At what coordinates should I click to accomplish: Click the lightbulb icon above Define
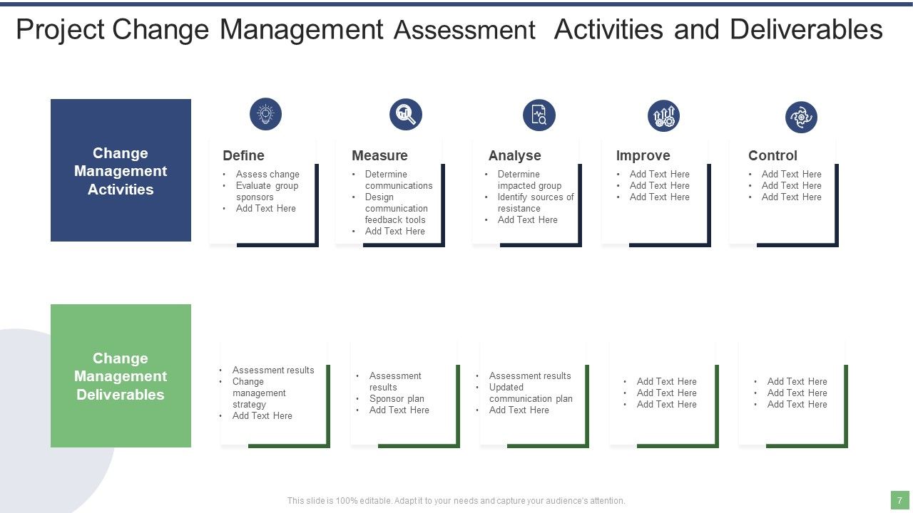point(265,114)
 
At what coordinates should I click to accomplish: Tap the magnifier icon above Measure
point(406,114)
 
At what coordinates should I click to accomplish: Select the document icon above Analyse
point(539,115)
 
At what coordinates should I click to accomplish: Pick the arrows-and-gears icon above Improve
point(663,115)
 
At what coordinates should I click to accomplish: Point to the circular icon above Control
point(801,117)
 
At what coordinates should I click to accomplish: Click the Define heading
point(243,155)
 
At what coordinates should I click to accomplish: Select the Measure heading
point(379,155)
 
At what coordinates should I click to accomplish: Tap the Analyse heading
point(514,155)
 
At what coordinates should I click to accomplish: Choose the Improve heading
point(643,155)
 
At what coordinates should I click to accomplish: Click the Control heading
point(772,155)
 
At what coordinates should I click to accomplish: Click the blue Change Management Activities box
point(121,170)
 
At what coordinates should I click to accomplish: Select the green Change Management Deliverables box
point(121,375)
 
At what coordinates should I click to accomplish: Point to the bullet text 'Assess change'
point(267,174)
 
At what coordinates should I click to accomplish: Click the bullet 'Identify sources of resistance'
point(535,202)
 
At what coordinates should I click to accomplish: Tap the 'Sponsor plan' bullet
point(397,398)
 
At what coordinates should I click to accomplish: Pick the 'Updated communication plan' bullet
point(530,393)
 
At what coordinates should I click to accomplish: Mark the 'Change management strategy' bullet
point(258,393)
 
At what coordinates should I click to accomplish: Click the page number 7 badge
point(899,500)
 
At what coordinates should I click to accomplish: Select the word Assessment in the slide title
point(464,31)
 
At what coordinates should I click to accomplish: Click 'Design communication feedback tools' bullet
point(396,208)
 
